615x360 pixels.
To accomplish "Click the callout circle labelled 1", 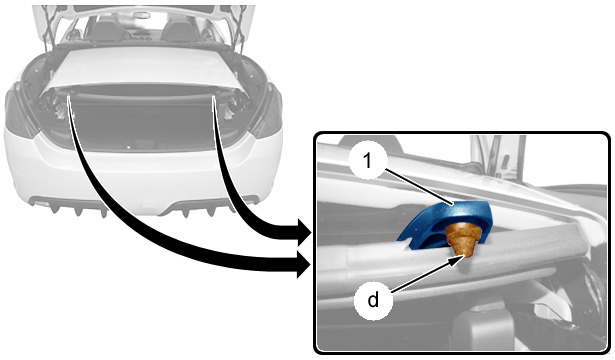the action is (x=368, y=161).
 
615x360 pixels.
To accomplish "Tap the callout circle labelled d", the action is (x=373, y=301).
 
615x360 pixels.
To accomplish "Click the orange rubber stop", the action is (x=464, y=238).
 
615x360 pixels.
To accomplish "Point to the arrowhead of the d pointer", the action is (x=461, y=258).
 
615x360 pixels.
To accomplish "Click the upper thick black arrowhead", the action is (x=304, y=233).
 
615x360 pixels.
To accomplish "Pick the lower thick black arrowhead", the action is (x=304, y=265).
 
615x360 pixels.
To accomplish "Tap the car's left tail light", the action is (x=18, y=112).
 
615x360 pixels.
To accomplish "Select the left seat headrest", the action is (x=104, y=28).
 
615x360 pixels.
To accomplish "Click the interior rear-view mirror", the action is (x=140, y=15).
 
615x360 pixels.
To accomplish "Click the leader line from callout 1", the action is (x=419, y=187).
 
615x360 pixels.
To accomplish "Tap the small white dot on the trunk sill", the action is (x=128, y=147).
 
